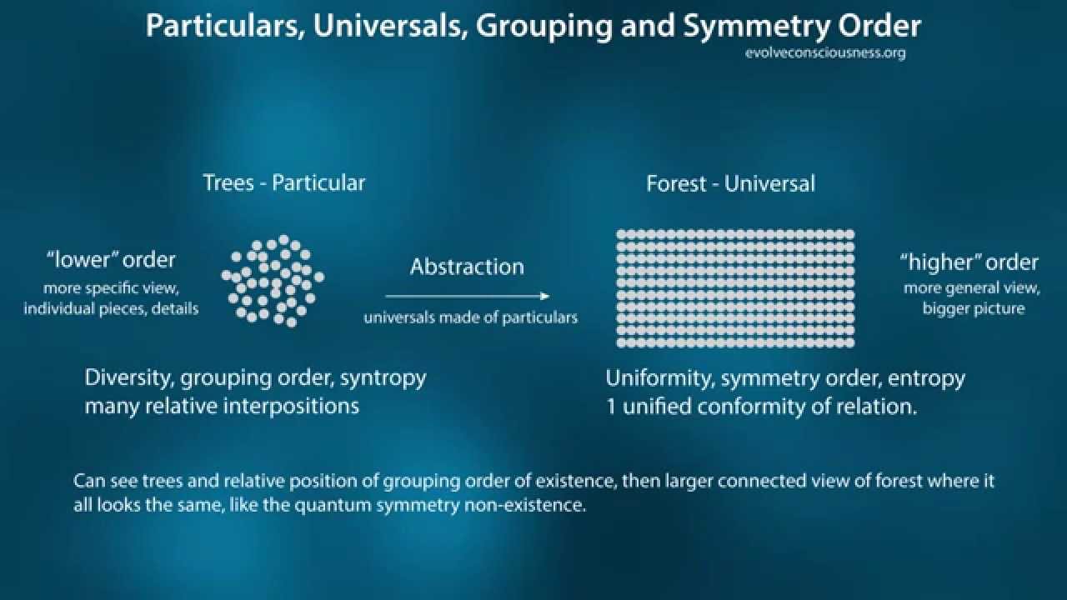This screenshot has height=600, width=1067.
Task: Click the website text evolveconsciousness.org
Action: click(x=825, y=52)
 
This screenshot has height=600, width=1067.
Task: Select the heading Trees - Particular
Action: click(x=284, y=182)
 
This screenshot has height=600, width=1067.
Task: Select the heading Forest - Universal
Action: click(x=731, y=184)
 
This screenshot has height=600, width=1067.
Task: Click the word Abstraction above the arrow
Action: click(x=467, y=267)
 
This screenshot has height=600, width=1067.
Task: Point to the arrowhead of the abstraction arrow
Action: click(x=545, y=296)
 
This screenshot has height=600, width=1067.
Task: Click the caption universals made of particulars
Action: click(x=471, y=317)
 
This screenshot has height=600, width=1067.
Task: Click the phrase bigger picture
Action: click(x=974, y=309)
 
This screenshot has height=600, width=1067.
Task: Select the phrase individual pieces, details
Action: click(x=111, y=308)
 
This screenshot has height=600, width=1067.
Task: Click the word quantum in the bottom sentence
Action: click(x=333, y=505)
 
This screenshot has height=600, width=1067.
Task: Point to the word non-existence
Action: click(x=524, y=505)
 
